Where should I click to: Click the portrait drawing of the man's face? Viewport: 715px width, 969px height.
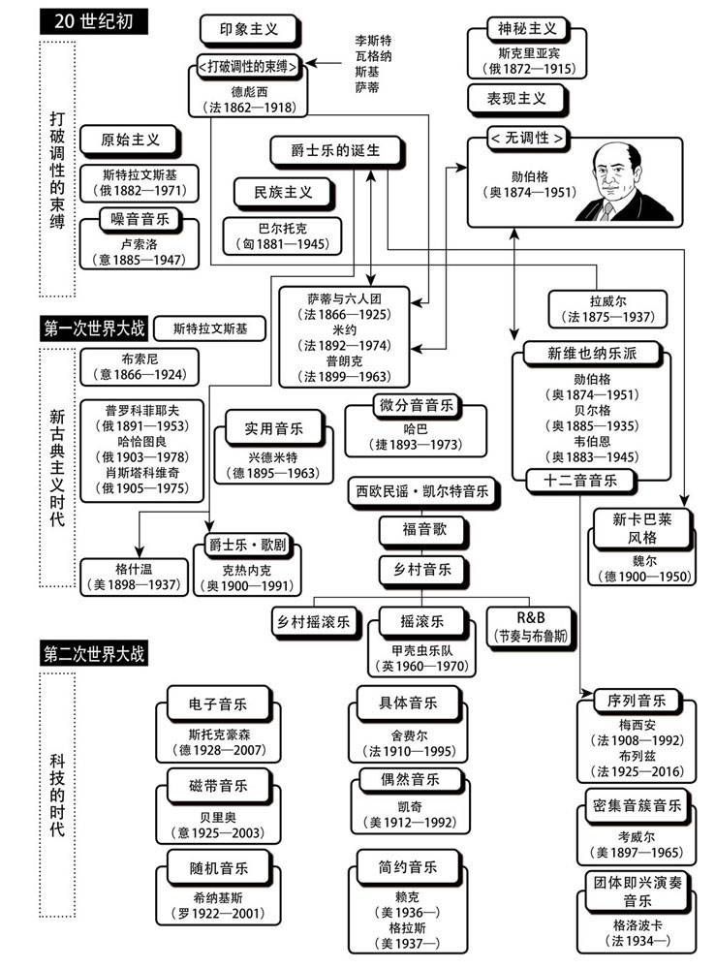pyautogui.click(x=610, y=178)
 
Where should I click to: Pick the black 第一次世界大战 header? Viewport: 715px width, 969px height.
pyautogui.click(x=93, y=328)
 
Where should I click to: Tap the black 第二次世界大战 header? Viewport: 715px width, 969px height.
pyautogui.click(x=93, y=653)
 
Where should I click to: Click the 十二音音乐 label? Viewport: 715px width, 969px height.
pyautogui.click(x=579, y=480)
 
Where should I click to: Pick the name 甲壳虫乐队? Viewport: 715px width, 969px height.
pyautogui.click(x=422, y=648)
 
